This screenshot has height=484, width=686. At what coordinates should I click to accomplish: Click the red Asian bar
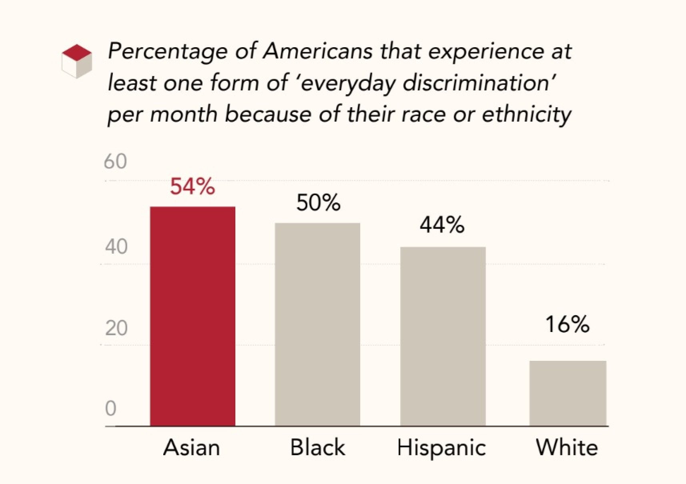pyautogui.click(x=193, y=316)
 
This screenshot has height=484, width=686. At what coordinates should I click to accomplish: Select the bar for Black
pyautogui.click(x=317, y=324)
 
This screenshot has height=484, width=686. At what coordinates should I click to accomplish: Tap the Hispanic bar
pyautogui.click(x=443, y=336)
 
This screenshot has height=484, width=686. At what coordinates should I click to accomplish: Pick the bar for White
pyautogui.click(x=568, y=393)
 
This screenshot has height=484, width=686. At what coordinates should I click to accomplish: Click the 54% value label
pyautogui.click(x=193, y=187)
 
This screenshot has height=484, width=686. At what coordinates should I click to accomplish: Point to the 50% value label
pyautogui.click(x=318, y=203)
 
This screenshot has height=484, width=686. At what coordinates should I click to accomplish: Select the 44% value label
pyautogui.click(x=442, y=225)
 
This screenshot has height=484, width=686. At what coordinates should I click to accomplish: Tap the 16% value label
pyautogui.click(x=567, y=324)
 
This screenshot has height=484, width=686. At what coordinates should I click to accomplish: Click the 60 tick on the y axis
pyautogui.click(x=115, y=162)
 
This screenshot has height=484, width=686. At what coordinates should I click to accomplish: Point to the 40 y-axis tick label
pyautogui.click(x=116, y=247)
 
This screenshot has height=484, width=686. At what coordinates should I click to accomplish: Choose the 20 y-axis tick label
pyautogui.click(x=116, y=328)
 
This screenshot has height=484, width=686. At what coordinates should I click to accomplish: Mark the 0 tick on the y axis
pyautogui.click(x=110, y=409)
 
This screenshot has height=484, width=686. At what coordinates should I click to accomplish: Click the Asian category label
pyautogui.click(x=192, y=447)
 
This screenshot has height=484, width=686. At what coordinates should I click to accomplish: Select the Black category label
pyautogui.click(x=317, y=447)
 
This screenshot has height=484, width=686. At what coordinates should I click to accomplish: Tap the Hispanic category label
pyautogui.click(x=441, y=447)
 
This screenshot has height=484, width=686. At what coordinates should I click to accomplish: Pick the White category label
pyautogui.click(x=567, y=447)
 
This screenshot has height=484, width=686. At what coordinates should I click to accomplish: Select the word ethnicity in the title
pyautogui.click(x=526, y=114)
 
